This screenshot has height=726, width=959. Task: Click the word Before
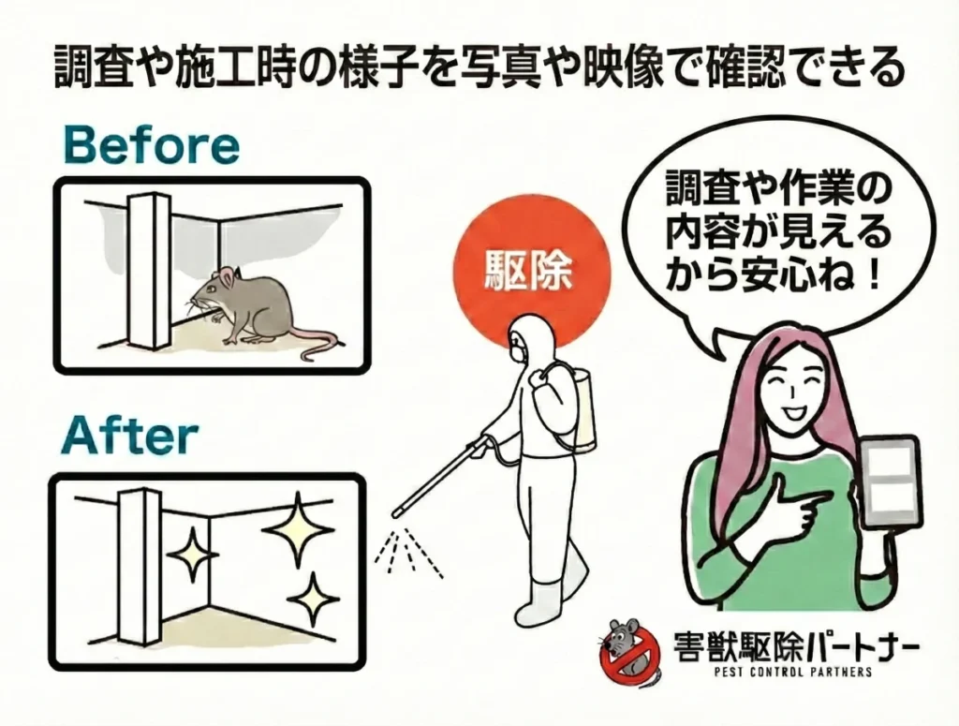coord(151,146)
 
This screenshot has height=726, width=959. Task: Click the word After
coord(131,436)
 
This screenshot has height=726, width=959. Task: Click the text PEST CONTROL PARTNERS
coord(786,673)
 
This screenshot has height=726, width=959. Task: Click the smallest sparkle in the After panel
coord(191,554)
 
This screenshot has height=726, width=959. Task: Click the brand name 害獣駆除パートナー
coord(796,645)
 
